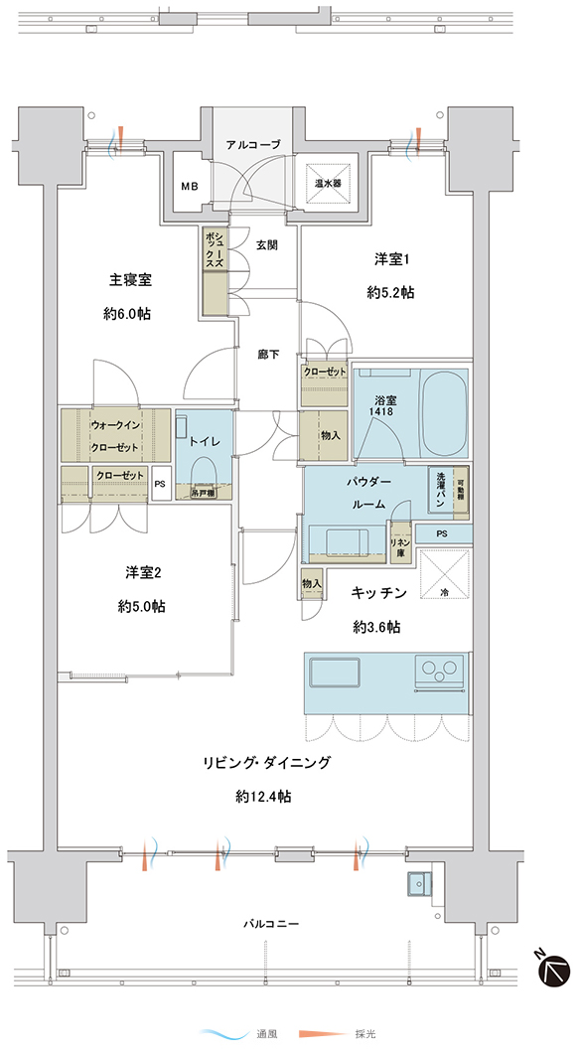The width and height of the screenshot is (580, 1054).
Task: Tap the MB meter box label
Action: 189,187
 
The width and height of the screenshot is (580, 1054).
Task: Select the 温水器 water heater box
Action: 330,183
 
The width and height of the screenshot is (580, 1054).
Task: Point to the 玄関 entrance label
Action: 267,246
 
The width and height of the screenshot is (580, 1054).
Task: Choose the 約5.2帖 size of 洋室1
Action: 390,292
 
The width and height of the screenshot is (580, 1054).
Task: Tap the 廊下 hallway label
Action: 267,355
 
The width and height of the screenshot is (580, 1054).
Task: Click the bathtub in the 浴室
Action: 444,412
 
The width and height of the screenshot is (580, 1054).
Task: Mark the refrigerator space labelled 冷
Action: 445,573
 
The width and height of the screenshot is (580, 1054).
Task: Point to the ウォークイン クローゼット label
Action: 115,436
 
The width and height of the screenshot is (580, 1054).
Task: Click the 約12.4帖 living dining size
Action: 263,798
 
